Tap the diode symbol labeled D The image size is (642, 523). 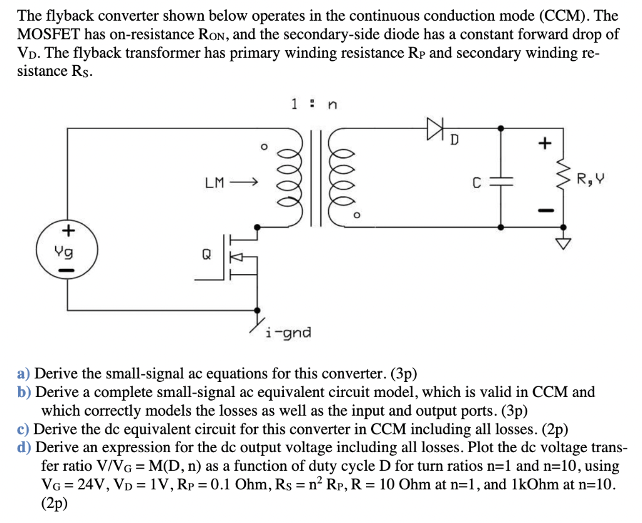tap(436, 128)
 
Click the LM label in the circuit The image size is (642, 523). tap(214, 183)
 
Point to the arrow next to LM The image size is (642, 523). tap(244, 183)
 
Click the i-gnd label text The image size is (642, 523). tap(288, 332)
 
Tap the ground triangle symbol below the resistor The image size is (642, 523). tap(564, 243)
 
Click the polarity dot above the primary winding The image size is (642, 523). tap(265, 147)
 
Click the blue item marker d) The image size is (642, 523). tap(24, 448)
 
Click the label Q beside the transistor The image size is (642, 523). tap(207, 255)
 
